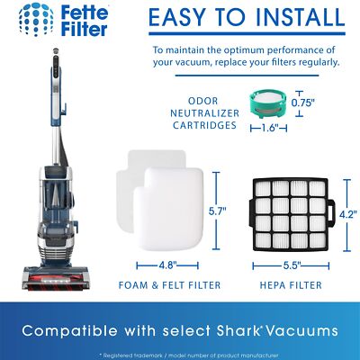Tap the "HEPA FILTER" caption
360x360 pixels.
291,287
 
